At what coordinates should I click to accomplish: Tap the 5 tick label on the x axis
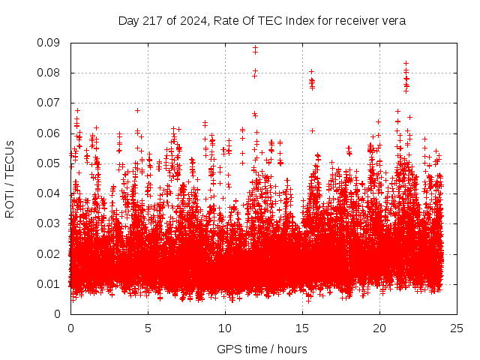[x=148, y=328]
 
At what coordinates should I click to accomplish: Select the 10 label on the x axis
[x=225, y=328]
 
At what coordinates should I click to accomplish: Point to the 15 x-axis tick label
[x=302, y=328]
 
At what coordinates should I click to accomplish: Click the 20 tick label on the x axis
[x=379, y=328]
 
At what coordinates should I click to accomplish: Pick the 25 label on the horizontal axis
[x=457, y=328]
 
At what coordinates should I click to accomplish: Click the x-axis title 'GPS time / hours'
[x=262, y=349]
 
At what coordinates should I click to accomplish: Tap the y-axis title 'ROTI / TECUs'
[x=10, y=178]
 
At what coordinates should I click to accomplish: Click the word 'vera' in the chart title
[x=394, y=20]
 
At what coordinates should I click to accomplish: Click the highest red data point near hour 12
[x=255, y=48]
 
